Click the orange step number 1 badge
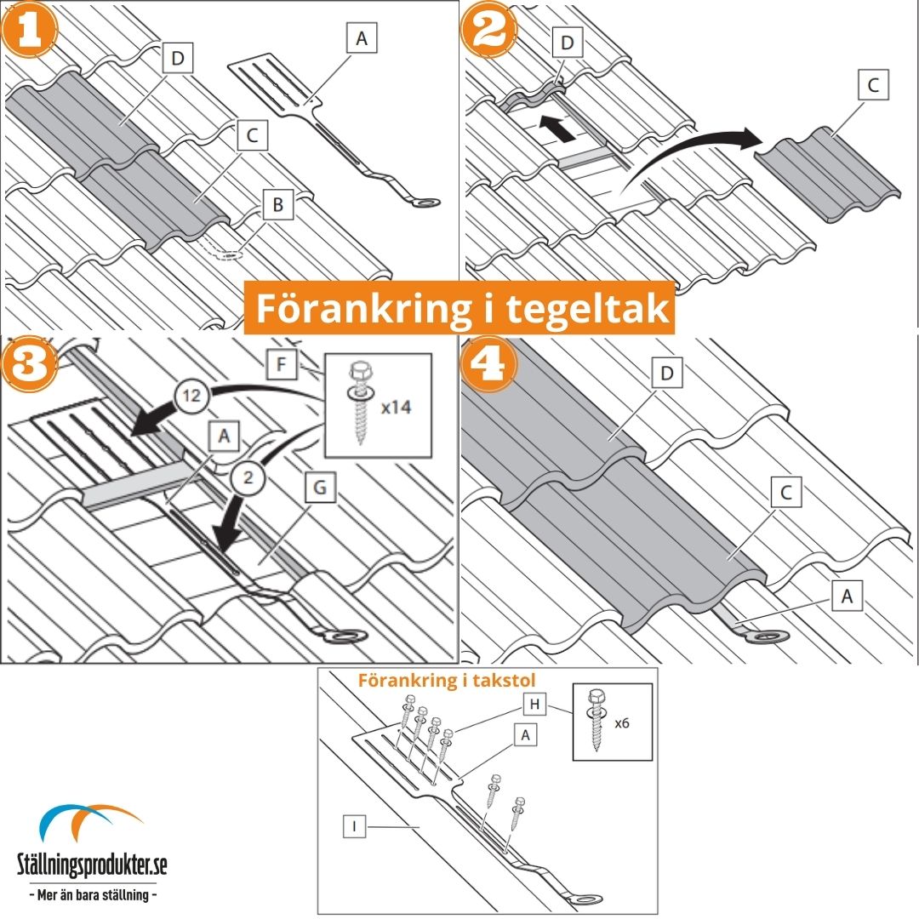point(29,29)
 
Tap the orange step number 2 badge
point(488,29)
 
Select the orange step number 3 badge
point(29,364)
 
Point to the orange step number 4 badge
point(489,364)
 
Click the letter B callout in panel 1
point(277,204)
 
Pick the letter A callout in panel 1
point(362,38)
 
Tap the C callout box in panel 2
point(873,84)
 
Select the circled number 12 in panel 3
point(191,397)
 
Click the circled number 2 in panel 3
point(248,477)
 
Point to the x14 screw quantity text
point(397,407)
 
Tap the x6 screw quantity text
point(622,723)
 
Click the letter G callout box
point(320,487)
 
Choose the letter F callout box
point(282,364)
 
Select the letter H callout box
point(534,704)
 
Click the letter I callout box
point(354,827)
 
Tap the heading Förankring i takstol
point(448,680)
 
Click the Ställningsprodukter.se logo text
point(92,864)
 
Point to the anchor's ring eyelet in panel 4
point(770,636)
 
